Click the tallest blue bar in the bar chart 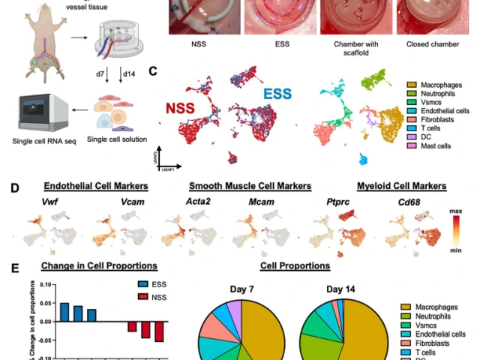click(64, 312)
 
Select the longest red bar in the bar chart click(157, 331)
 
